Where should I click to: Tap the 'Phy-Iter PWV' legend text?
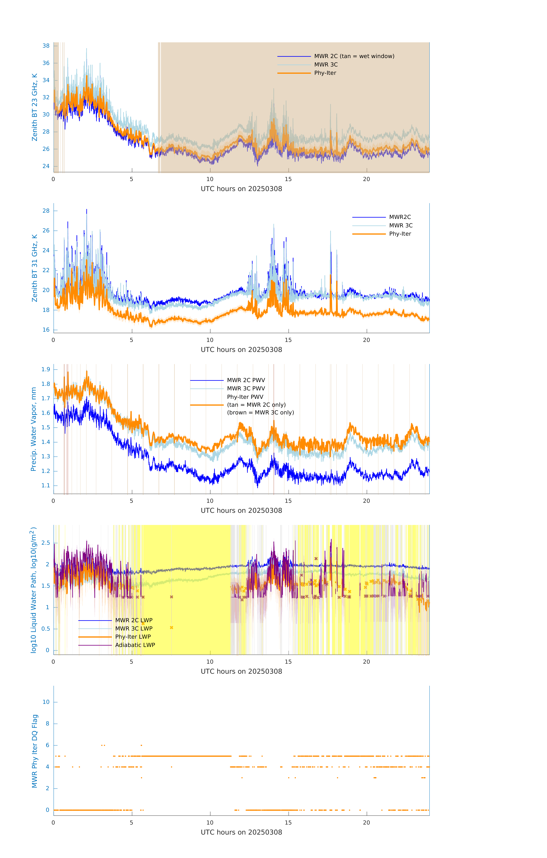click(x=245, y=397)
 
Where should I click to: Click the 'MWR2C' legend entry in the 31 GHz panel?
click(x=400, y=217)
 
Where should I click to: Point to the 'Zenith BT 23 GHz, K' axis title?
click(x=35, y=107)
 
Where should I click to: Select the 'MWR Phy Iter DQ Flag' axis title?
click(x=35, y=751)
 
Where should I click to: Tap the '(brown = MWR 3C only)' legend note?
click(x=261, y=413)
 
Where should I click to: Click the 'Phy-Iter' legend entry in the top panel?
click(x=325, y=73)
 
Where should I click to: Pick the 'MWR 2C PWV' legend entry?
click(x=246, y=380)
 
